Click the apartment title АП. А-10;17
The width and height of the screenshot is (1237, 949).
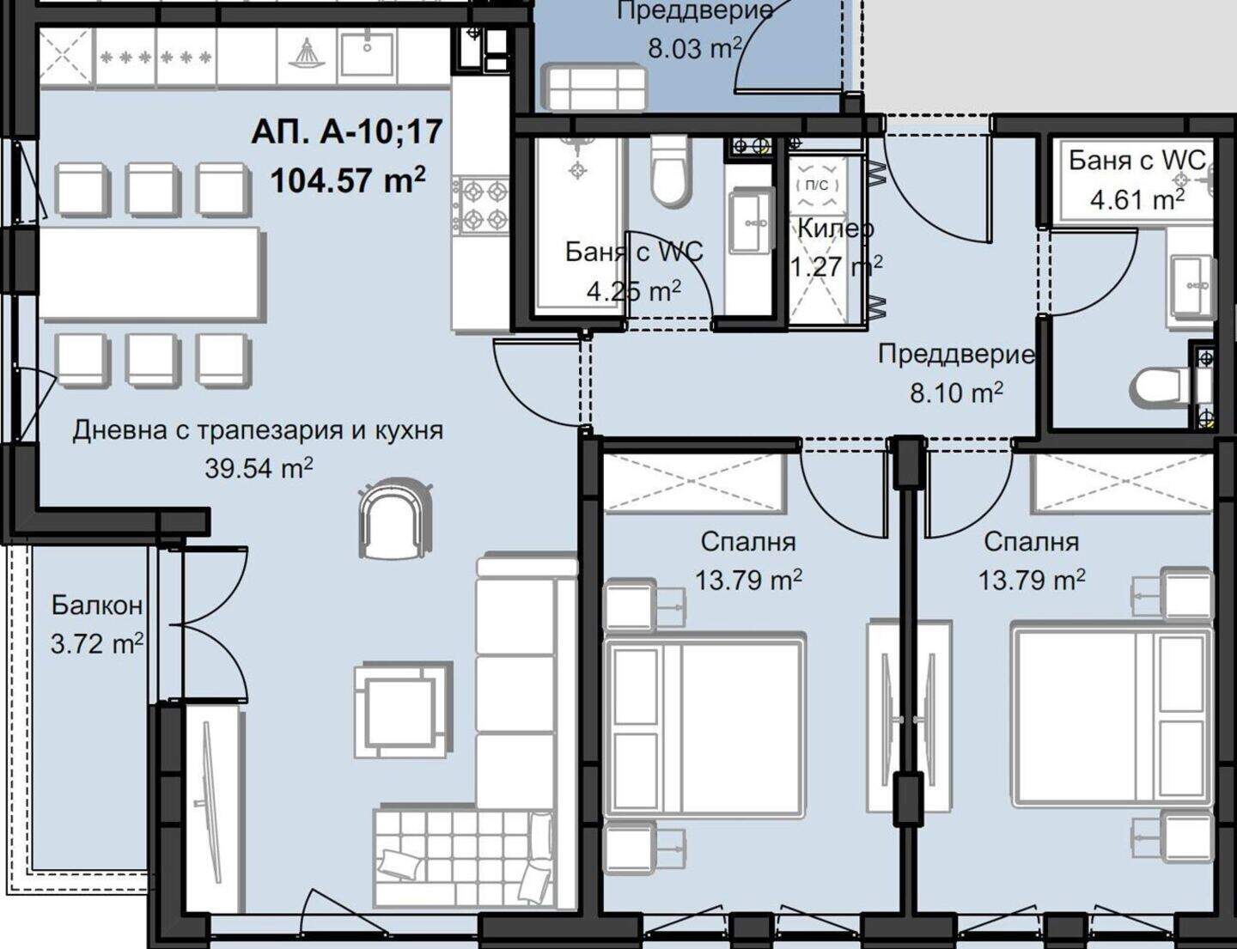347,132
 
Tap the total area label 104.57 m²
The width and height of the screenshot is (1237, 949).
348,181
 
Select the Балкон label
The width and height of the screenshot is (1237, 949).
97,605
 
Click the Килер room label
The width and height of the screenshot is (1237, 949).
835,228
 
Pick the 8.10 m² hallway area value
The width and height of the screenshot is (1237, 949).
956,392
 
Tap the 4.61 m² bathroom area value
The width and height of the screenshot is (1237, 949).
1137,200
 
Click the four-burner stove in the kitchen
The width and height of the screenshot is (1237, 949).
480,205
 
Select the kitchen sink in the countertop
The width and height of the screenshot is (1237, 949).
367,53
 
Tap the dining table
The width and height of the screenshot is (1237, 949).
150,276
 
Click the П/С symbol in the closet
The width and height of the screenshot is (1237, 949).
818,184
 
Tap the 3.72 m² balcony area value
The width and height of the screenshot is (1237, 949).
97,644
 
